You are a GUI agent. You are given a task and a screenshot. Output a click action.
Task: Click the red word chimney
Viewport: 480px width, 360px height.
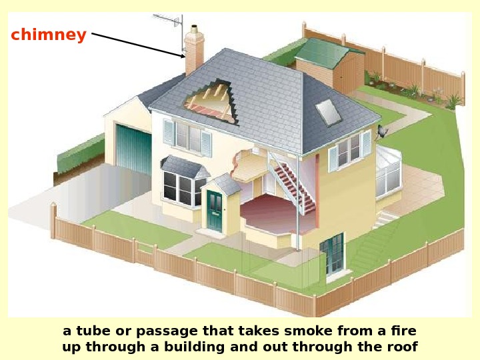pos(49,35)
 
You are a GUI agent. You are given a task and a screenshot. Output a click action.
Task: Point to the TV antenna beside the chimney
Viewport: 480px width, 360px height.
pos(169,23)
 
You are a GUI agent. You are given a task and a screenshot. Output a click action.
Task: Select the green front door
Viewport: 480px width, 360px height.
pos(215,211)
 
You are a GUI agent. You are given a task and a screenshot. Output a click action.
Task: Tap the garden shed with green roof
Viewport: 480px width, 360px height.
pos(329,63)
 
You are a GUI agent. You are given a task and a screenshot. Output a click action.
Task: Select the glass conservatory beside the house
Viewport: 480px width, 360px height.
pos(388,171)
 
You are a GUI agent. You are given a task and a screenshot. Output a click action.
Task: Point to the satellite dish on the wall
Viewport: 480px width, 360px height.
pos(382,132)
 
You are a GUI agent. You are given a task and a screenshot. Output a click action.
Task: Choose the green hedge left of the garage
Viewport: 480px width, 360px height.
pos(81,153)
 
